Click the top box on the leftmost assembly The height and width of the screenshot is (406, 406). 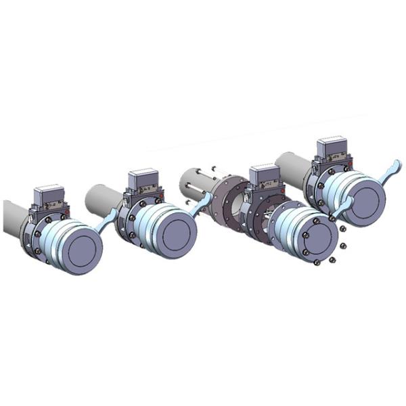coord(49,194)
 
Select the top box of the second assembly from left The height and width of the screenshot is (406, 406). coord(143,179)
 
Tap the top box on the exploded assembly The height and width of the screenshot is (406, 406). coord(264,176)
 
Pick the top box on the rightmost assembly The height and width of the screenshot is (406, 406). coord(332,150)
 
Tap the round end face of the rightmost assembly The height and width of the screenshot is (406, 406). coord(365,201)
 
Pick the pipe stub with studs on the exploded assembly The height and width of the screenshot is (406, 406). coord(196,184)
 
